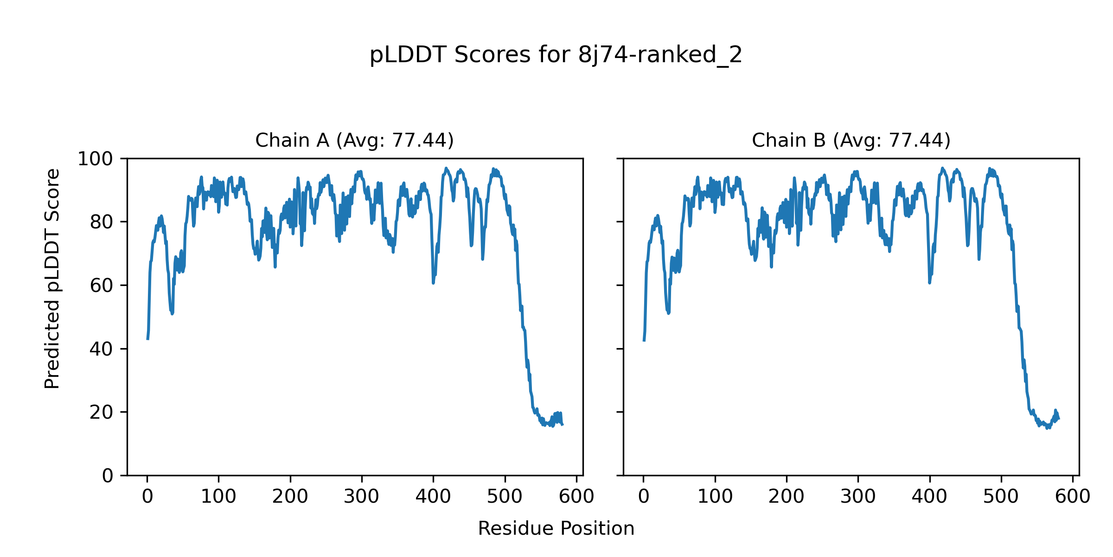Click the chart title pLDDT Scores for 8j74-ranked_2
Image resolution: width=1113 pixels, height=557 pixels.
click(x=556, y=55)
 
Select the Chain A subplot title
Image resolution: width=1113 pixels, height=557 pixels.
click(x=354, y=140)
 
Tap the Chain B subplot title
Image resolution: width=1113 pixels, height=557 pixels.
click(x=851, y=140)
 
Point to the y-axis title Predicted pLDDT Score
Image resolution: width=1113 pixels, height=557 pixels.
click(x=52, y=278)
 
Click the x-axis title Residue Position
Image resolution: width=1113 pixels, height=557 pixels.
click(x=556, y=529)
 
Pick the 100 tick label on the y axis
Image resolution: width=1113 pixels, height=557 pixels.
click(x=95, y=159)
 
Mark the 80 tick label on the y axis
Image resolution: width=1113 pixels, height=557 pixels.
click(x=102, y=222)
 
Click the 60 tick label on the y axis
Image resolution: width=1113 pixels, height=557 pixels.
click(x=102, y=285)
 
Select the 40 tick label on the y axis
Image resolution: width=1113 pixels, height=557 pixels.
click(x=102, y=349)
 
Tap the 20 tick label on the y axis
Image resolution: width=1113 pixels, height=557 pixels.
click(x=102, y=412)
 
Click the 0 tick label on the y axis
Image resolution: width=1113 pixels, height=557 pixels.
click(x=108, y=476)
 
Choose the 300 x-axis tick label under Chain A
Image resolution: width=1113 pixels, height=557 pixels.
click(x=362, y=497)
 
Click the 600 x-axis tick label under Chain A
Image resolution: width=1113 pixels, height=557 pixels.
click(x=576, y=497)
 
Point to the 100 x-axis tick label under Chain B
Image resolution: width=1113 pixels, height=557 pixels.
click(x=715, y=497)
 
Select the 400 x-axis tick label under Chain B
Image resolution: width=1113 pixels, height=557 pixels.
click(x=929, y=497)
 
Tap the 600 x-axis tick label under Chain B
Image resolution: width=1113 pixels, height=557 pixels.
click(x=1073, y=497)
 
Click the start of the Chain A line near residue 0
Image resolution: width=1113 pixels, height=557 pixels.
click(x=147, y=338)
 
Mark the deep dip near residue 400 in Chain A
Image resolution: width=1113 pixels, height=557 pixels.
click(x=433, y=282)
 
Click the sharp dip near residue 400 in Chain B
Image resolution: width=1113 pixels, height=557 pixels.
click(x=929, y=282)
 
